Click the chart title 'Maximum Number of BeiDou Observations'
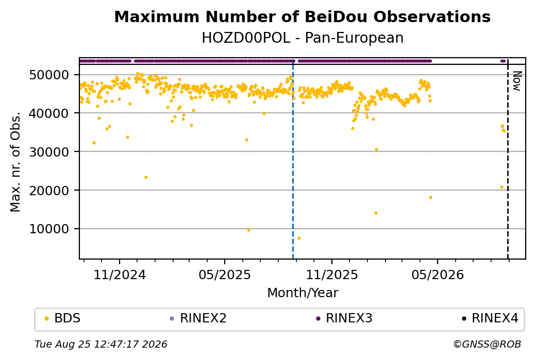click(x=302, y=16)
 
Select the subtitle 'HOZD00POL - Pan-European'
click(x=303, y=38)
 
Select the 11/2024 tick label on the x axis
click(x=120, y=275)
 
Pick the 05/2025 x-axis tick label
click(x=225, y=275)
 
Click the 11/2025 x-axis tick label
click(x=331, y=275)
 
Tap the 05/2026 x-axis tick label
click(x=437, y=275)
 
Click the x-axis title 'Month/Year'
click(x=303, y=293)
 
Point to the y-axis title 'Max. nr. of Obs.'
click(x=15, y=162)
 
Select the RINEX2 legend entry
click(x=198, y=318)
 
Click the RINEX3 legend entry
click(x=344, y=318)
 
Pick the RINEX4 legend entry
click(x=490, y=318)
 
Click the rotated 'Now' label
click(x=517, y=81)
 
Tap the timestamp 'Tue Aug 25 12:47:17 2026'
click(x=101, y=344)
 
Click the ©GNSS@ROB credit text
click(x=487, y=344)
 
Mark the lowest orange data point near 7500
click(x=299, y=238)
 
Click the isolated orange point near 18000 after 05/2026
click(x=430, y=197)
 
